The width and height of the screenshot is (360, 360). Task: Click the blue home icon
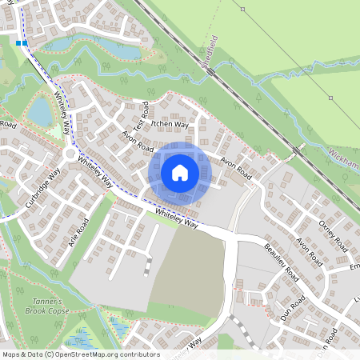pos(180,172)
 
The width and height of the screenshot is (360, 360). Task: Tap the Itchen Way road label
pos(169,126)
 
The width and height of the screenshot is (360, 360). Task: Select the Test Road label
pos(141,118)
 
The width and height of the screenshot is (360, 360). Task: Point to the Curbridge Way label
pos(42,188)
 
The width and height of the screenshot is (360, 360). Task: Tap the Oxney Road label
pos(332,232)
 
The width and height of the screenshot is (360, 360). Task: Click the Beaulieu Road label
pos(279,263)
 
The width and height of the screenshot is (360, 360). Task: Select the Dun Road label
pos(293,308)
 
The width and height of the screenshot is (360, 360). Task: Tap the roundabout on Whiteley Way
pos(70,154)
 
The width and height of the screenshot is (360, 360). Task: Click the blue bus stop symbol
pos(21,43)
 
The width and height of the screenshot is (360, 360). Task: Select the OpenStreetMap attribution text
pos(80,354)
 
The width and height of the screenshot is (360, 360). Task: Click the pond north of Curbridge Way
pos(38,113)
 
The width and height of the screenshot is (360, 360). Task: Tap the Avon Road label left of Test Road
pos(137,142)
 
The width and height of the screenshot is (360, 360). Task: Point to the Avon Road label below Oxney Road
pos(308,252)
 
